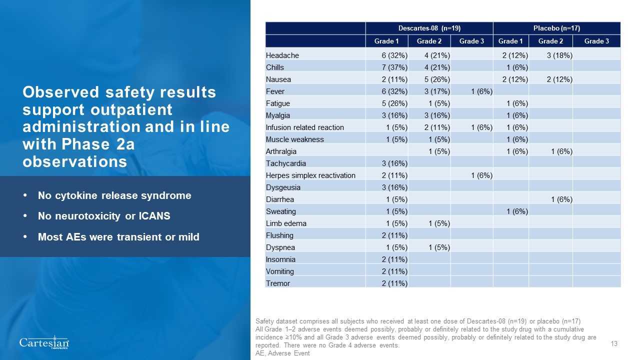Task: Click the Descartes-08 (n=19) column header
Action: [x=429, y=28]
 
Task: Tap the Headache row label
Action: [x=282, y=55]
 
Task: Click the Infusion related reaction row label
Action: [x=305, y=127]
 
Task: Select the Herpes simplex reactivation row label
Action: [x=310, y=175]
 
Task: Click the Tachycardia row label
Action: [x=286, y=163]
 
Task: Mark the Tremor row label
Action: [x=278, y=283]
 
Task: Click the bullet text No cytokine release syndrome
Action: [x=114, y=195]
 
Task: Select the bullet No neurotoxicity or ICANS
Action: [x=104, y=216]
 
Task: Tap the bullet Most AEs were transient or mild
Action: [x=118, y=237]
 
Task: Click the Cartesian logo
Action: [x=44, y=343]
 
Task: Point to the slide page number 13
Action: [x=614, y=343]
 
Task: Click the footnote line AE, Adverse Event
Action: [x=282, y=353]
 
